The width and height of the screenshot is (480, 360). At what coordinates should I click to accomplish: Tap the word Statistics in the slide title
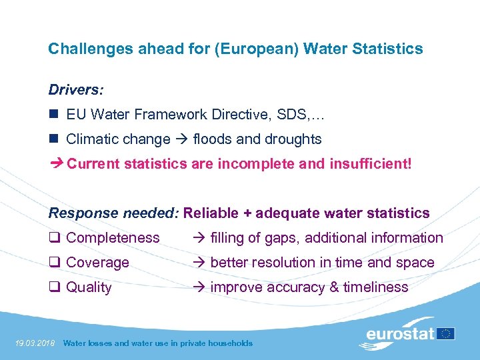(391, 49)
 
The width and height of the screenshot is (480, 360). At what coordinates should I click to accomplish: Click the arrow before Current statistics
(55, 163)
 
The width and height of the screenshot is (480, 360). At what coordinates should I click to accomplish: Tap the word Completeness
(113, 238)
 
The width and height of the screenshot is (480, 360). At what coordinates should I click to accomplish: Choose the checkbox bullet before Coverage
(55, 263)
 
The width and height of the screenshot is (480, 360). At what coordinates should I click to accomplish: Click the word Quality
(89, 287)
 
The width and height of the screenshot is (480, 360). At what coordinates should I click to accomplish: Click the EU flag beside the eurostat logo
(446, 333)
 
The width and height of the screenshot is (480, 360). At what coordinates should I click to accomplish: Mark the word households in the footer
(229, 343)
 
